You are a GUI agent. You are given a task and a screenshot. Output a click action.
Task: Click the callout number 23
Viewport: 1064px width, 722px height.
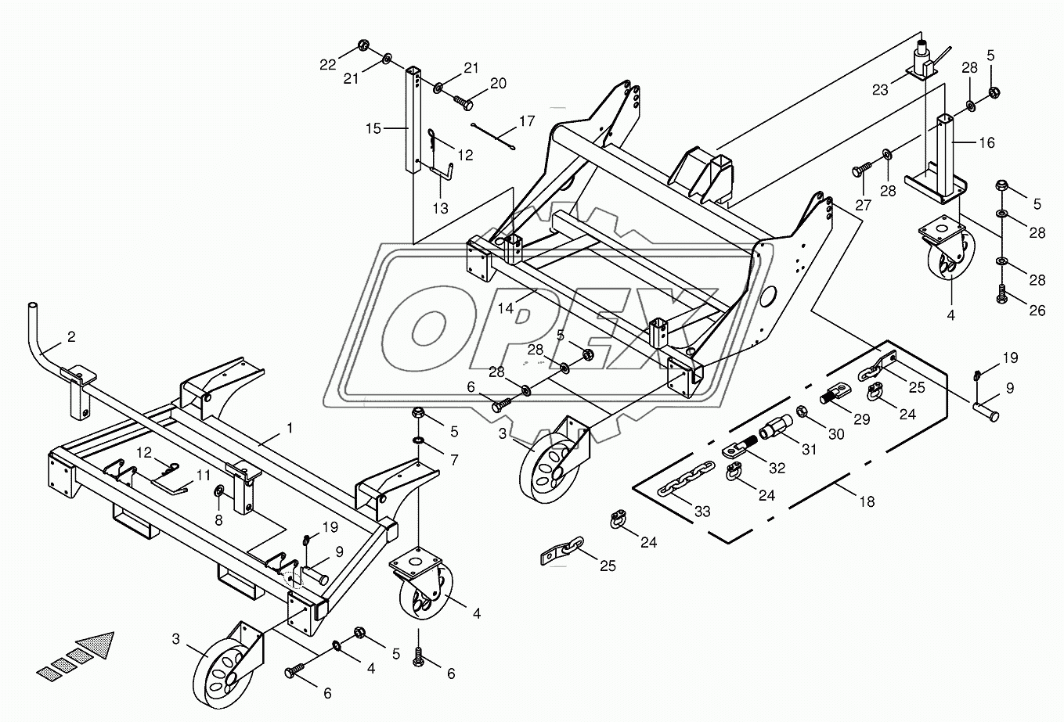coord(881,90)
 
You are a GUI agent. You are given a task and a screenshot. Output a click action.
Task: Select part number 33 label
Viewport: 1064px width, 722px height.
coord(702,511)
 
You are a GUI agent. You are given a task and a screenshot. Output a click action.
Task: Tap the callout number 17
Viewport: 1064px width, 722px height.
coord(527,121)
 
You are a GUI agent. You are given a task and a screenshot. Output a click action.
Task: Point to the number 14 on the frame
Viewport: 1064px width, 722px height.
coord(505,308)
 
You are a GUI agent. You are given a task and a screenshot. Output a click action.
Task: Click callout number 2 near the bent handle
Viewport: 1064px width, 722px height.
coord(71,337)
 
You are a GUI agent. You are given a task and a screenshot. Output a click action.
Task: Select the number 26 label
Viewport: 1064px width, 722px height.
coord(1037,311)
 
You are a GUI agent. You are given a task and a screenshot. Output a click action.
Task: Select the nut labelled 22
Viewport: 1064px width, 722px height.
coord(366,44)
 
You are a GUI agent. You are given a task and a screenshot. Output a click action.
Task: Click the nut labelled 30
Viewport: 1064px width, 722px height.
coord(803,411)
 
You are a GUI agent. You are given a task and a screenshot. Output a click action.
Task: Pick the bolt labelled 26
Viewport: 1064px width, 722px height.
coord(1001,295)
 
